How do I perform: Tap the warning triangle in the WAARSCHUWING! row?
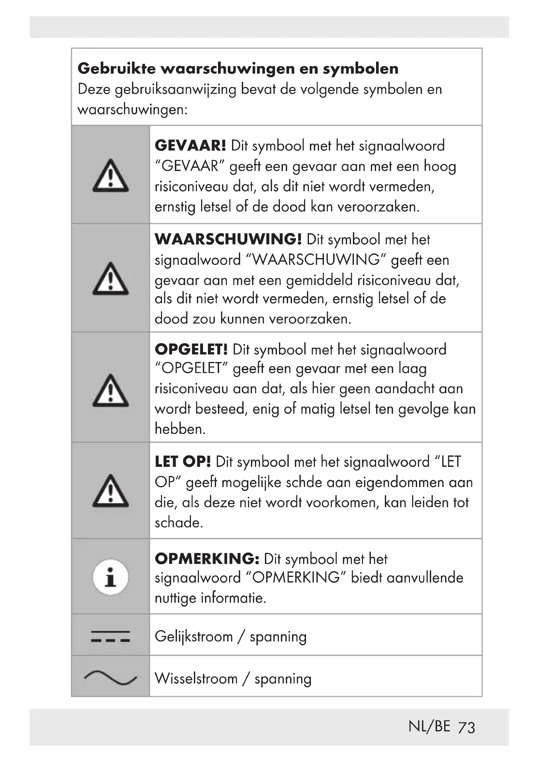click(x=110, y=279)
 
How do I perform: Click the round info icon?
click(x=110, y=578)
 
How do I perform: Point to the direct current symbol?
click(x=110, y=636)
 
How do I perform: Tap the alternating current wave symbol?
click(x=110, y=678)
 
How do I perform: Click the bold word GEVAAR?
click(x=191, y=146)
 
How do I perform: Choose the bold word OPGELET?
click(x=192, y=350)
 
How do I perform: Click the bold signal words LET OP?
click(x=183, y=462)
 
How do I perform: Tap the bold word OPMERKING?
click(x=207, y=559)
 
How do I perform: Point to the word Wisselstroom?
click(x=196, y=679)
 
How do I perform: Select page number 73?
click(x=466, y=728)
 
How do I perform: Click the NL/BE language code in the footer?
click(x=430, y=727)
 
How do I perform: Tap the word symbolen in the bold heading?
click(x=361, y=69)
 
